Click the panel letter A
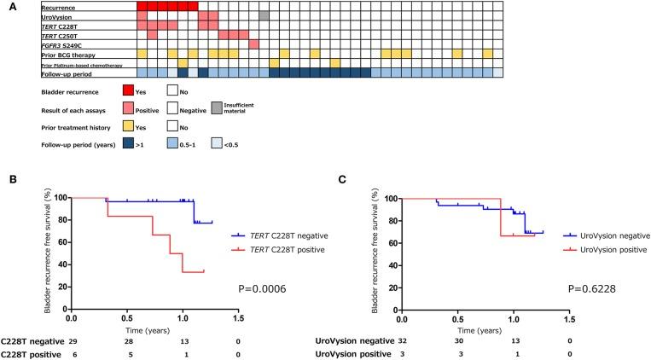[5, 6]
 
